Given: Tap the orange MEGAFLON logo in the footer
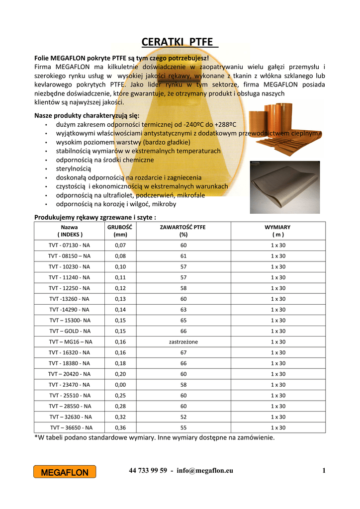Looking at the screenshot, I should [65, 472].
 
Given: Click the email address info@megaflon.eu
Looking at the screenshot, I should [205, 471].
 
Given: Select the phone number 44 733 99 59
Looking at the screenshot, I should [148, 471].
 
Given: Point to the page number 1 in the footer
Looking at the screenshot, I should [323, 471].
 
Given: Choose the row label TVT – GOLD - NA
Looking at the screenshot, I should [70, 331].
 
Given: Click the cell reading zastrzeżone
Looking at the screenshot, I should [183, 341].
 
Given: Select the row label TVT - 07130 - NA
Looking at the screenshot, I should [70, 246].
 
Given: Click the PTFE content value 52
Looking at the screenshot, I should [183, 417].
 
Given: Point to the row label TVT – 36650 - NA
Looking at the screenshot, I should [71, 427].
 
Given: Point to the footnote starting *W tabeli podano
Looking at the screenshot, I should [154, 438].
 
